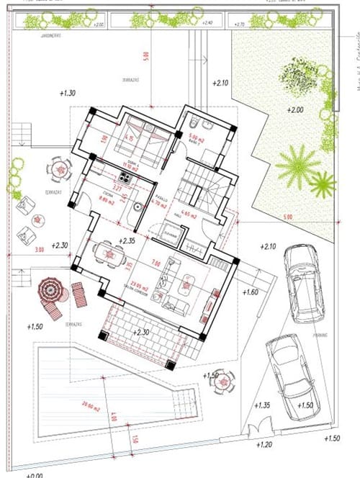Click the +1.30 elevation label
67,94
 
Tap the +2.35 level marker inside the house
127,240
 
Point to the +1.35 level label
263,405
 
